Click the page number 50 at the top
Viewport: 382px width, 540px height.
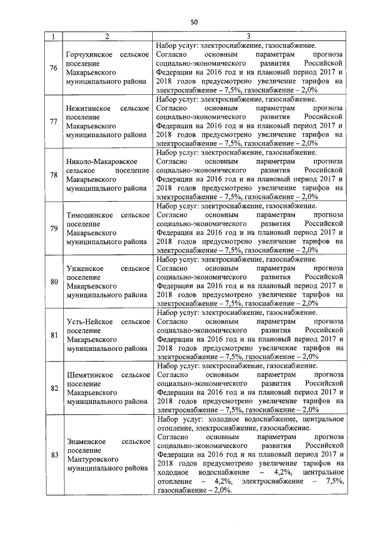194,21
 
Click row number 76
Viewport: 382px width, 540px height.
54,67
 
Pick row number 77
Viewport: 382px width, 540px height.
54,121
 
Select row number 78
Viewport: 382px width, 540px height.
54,174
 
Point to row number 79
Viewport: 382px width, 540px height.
54,229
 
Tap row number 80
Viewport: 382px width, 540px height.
54,282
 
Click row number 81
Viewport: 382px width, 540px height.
54,335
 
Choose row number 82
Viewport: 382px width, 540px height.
54,388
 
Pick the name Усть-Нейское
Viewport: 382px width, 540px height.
88,322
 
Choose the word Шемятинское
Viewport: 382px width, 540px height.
89,375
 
